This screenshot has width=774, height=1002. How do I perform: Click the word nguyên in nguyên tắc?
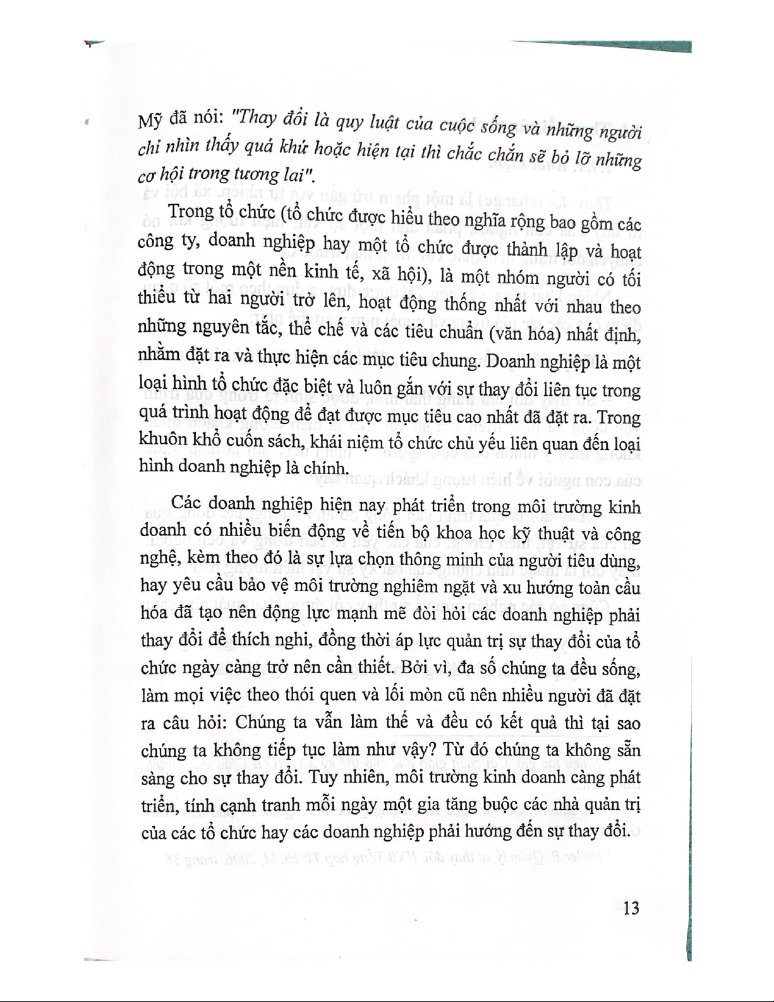coord(235,328)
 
